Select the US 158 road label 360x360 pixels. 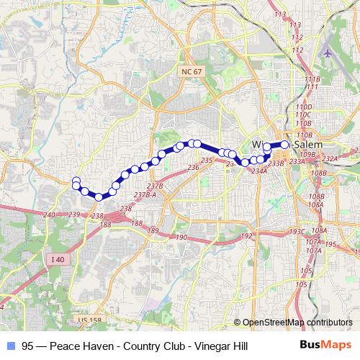pos(85,319)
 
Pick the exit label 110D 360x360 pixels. pos(302,107)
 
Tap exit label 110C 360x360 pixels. pos(302,114)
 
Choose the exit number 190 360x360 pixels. pos(181,238)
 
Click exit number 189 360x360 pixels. pos(153,230)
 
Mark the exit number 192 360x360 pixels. pos(246,236)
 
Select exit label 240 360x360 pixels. pos(49,215)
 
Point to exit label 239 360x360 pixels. pos(73,215)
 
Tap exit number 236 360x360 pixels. pos(192,168)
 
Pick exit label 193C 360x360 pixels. pos(297,232)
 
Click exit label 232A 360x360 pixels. pos(330,159)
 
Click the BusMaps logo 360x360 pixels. pos(326,345)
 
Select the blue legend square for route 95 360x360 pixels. pos(10,346)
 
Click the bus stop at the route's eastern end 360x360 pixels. pos(284,145)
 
